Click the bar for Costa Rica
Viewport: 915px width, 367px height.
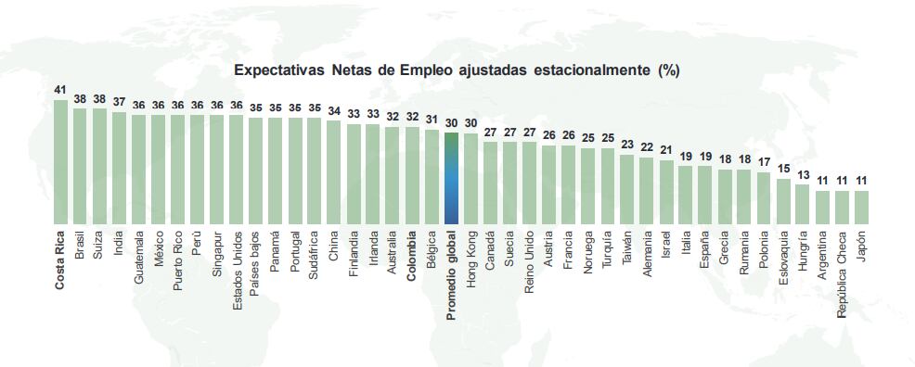[60, 161]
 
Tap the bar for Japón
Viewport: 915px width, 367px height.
[861, 207]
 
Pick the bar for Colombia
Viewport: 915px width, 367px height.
[412, 175]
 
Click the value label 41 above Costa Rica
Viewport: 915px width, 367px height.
[60, 90]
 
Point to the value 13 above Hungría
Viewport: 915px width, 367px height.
[803, 175]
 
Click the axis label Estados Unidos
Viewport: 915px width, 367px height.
[237, 268]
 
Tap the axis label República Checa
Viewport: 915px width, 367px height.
[842, 273]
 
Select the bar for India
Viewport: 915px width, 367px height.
[119, 168]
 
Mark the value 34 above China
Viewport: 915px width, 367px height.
[334, 111]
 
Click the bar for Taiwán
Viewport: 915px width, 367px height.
[627, 189]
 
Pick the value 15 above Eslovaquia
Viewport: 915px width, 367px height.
[783, 169]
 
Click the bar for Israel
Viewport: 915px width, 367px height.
[666, 192]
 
